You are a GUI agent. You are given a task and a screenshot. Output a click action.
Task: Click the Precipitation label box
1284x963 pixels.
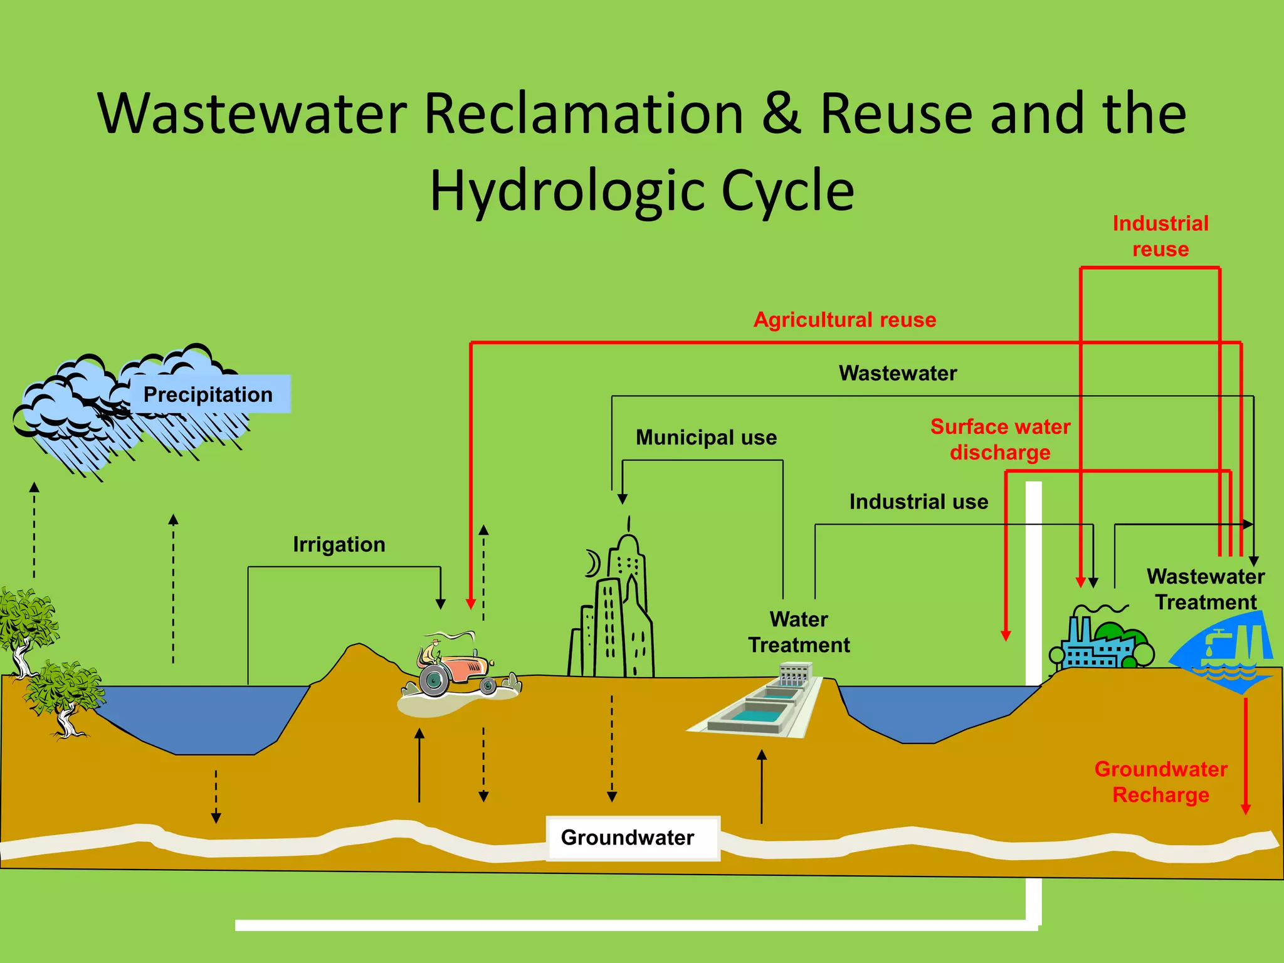click(x=208, y=394)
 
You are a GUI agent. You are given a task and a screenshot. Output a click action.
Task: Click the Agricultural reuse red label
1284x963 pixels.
click(x=845, y=320)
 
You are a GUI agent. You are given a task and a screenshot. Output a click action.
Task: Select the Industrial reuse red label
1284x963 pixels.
click(x=1160, y=236)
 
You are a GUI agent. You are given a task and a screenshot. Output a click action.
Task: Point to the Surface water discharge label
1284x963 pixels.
click(x=1000, y=439)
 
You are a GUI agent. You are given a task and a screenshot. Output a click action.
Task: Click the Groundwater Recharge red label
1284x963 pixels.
click(x=1160, y=782)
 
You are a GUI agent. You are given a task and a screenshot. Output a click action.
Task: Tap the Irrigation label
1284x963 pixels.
click(x=339, y=544)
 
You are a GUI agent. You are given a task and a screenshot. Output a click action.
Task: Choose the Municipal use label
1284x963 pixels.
click(x=706, y=437)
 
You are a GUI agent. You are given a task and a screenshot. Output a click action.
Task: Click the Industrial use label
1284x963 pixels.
click(x=918, y=502)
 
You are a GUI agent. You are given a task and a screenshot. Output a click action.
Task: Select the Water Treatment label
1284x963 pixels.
click(x=799, y=632)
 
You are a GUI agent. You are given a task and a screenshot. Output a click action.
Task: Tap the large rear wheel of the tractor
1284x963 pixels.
click(x=433, y=681)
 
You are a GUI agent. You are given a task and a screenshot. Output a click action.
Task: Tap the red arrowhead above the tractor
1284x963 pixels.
click(x=471, y=604)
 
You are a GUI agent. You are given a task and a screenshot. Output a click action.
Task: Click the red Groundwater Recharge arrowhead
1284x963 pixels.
click(x=1246, y=809)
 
